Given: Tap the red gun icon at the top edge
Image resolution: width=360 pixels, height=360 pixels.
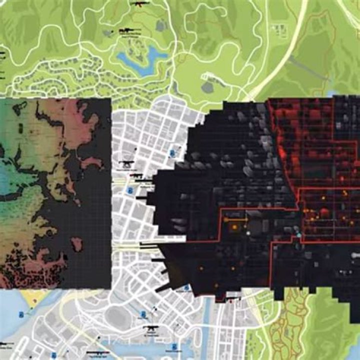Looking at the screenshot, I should tap(137, 4).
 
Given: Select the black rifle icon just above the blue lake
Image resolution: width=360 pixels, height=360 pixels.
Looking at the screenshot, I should tap(127, 31).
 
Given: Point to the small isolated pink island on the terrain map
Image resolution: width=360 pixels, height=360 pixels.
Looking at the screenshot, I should tap(77, 244).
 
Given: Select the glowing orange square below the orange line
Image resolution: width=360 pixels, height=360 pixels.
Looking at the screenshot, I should tap(234, 228).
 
